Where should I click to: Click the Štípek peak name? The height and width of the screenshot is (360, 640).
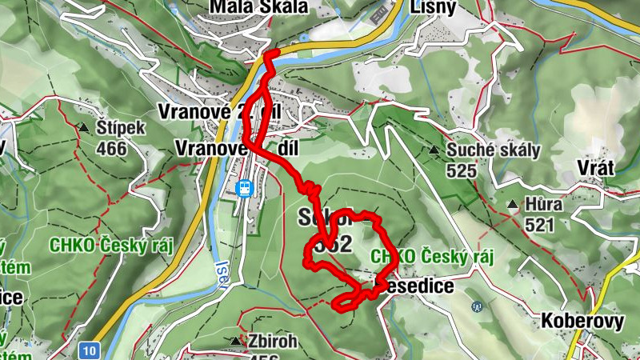point(121,128)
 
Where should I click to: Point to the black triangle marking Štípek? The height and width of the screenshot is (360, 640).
point(83,127)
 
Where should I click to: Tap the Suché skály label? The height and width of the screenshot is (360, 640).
point(494,150)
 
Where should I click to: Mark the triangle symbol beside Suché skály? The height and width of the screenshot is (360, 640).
point(433,150)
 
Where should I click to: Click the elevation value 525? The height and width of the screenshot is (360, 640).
point(462,170)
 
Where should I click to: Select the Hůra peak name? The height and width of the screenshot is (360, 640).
point(544,205)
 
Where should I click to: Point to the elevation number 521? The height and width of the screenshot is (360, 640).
point(539,225)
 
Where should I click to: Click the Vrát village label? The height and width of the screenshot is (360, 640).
point(595,168)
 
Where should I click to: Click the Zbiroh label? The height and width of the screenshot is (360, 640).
point(272,342)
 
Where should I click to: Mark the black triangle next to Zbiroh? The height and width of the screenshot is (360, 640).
point(235,341)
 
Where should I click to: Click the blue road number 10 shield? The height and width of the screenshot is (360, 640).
point(90,349)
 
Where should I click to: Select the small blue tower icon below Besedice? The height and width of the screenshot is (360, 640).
point(478,306)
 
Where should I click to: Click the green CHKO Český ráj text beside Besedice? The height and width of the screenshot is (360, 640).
point(432,256)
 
